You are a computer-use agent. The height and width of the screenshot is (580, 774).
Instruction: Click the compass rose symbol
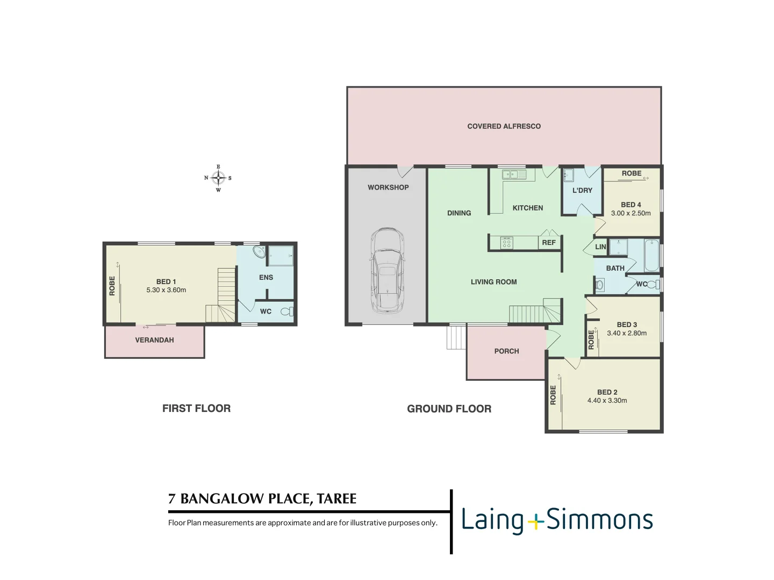(218, 178)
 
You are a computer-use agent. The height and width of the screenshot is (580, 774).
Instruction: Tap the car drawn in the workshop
(387, 271)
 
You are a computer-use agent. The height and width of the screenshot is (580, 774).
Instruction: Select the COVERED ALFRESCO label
(504, 126)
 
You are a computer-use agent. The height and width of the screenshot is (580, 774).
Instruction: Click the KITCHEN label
(527, 208)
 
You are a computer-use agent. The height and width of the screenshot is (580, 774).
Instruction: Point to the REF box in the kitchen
(549, 243)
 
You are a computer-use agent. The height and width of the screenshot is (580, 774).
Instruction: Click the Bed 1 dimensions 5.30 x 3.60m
(166, 290)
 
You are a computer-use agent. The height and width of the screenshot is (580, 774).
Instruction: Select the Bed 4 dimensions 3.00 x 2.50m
(630, 213)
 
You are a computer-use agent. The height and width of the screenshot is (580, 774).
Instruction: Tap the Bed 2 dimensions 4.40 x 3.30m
(607, 401)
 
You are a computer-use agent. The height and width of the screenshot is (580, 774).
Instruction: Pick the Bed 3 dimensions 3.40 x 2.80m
(627, 333)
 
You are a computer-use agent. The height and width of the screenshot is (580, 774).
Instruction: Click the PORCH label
(506, 351)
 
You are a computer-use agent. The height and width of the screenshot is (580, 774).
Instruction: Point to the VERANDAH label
(154, 340)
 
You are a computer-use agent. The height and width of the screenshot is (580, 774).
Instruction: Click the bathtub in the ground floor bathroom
(651, 255)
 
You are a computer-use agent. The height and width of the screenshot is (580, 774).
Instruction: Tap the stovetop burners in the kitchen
(506, 243)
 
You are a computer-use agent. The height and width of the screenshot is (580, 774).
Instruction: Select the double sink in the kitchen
(510, 175)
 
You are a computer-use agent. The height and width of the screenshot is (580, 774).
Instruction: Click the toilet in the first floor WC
(287, 311)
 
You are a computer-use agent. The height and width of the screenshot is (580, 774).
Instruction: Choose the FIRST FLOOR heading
(196, 409)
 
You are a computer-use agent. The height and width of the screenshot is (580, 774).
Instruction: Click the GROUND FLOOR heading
(449, 409)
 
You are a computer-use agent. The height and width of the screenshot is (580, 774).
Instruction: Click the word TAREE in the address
(336, 499)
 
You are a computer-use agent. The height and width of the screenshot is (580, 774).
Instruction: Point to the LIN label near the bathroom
(600, 247)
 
